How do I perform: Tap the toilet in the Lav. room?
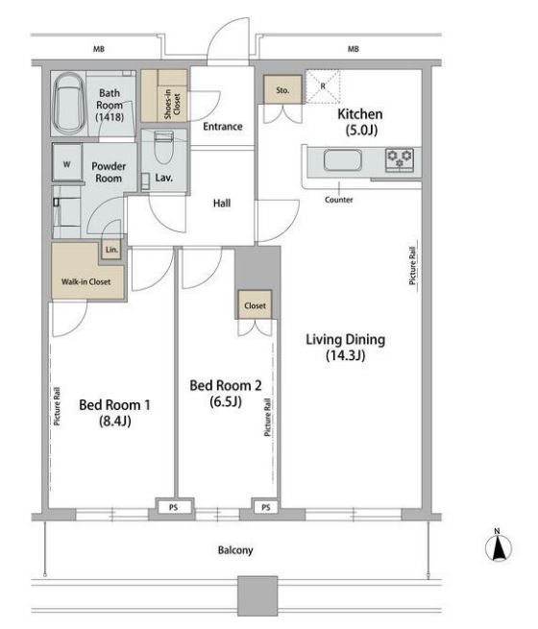point(164,147)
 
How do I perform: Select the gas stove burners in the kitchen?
point(400,159)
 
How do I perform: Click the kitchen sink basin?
point(343,160)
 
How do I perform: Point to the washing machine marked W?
point(67,162)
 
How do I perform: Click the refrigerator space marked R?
point(323,86)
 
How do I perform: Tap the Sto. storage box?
point(282,89)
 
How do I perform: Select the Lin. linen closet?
point(111,250)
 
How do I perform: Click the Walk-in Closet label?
point(86,281)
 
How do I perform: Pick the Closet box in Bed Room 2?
point(256,305)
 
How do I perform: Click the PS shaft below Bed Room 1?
point(173,507)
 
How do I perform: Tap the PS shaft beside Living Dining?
point(265,507)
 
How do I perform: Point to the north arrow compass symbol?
point(499,546)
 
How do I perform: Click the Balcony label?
point(235,550)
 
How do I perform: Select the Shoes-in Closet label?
point(173,104)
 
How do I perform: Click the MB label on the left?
point(99,49)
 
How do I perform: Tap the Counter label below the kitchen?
point(339,200)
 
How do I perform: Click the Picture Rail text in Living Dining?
point(412,265)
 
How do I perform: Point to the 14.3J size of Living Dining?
point(346,355)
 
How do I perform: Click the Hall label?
point(222,203)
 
